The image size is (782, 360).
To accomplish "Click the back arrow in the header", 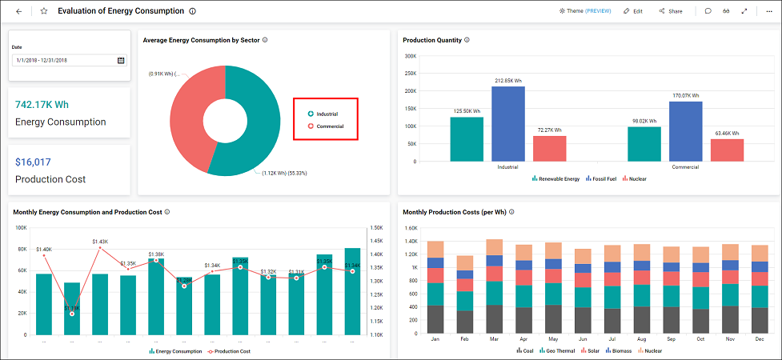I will coord(18,11).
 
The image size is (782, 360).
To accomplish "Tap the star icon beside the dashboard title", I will coord(44,11).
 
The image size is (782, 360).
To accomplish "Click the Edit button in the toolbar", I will coord(632,11).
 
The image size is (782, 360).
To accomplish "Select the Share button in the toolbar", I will coord(670,11).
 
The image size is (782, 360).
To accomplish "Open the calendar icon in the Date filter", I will coord(121,60).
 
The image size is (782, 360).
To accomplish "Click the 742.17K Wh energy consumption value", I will coord(42,104).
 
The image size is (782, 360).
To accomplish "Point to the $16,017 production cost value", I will coord(34,162).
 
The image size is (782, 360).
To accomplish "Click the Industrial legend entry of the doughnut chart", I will coord(326,114).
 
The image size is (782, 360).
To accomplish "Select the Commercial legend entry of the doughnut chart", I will coord(328,126).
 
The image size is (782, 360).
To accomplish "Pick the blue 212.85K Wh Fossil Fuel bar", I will coord(507,124).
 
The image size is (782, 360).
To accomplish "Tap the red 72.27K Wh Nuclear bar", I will coord(549,149).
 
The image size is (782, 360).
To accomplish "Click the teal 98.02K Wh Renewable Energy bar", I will coord(644,144).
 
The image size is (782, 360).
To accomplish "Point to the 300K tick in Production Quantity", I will coord(410,56).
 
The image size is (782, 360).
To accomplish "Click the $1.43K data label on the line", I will coord(100,242).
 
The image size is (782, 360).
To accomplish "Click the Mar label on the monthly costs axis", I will coord(494,339).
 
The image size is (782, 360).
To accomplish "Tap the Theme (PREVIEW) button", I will coord(588,11).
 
